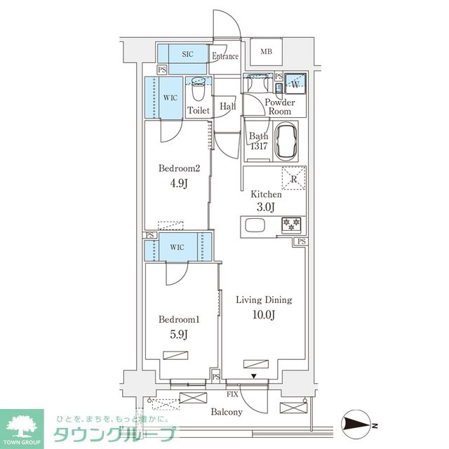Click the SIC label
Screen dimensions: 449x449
pos(187,54)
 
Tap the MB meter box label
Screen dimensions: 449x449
pos(267,52)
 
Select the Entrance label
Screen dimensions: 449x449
pos(225,56)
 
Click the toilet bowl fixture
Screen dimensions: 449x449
pos(198,89)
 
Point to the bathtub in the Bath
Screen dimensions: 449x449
pos(286,141)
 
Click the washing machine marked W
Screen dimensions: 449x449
pos(295,83)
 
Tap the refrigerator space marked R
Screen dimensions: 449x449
pos(294,178)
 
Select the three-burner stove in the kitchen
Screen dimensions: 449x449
pos(291,224)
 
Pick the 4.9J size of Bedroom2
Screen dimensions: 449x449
pos(179,183)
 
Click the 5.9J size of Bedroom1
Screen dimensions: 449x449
pos(179,334)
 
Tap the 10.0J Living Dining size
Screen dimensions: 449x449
pos(264,315)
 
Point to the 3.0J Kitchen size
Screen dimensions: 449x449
pos(266,206)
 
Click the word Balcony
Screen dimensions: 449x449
pos(227,412)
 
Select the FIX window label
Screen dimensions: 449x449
pos(232,394)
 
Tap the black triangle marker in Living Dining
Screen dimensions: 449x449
pos(254,376)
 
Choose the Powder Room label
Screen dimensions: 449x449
pos(280,107)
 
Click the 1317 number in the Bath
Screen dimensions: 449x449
pos(259,146)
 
